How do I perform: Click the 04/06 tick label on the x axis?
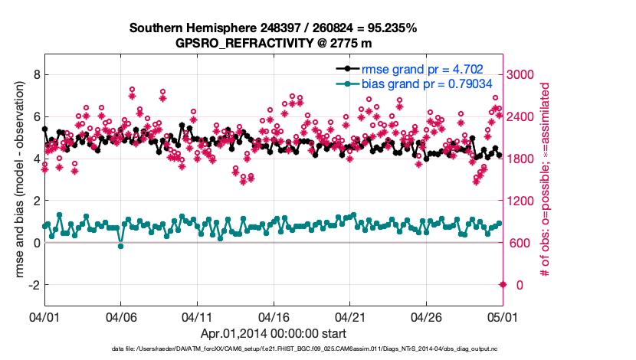coord(120,316)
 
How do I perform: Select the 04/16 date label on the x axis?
coord(274,316)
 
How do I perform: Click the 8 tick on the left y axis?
coord(35,75)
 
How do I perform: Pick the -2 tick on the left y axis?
coord(33,285)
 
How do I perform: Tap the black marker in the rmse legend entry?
coord(347,69)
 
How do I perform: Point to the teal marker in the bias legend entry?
coord(347,84)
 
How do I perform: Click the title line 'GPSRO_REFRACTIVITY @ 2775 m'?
coord(273,44)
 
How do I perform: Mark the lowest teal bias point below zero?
coord(120,246)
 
